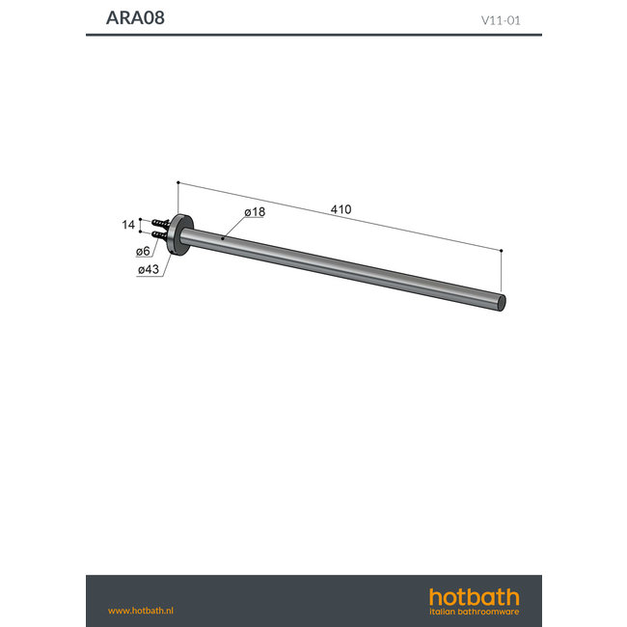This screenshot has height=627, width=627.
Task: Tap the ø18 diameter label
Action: tap(255, 212)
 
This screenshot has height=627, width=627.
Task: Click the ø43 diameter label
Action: tap(149, 269)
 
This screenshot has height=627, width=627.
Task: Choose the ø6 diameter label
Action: tap(143, 252)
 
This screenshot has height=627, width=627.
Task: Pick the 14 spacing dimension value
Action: tap(128, 225)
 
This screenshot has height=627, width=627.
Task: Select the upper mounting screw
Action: tap(160, 224)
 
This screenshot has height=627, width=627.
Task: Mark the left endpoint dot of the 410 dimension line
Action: tap(178, 181)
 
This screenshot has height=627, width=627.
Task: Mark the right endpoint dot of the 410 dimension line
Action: tap(502, 250)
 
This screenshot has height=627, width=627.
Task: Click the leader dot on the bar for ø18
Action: tap(223, 237)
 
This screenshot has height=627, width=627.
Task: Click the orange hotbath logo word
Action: tap(474, 597)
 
